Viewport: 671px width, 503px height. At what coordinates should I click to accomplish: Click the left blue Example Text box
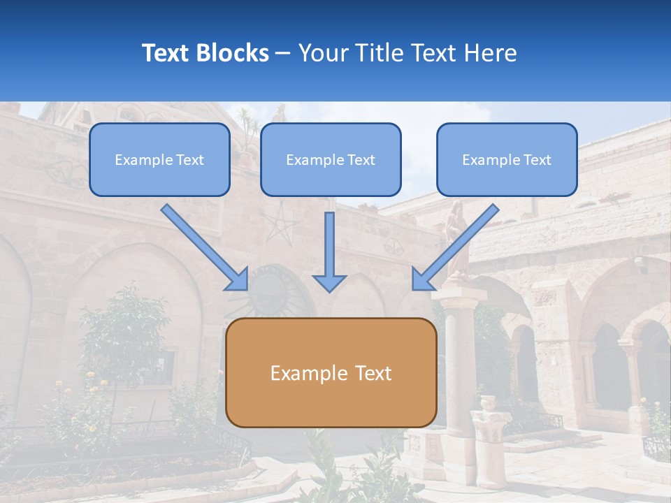tap(159, 159)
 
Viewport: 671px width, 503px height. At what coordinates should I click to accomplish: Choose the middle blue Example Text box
tap(331, 159)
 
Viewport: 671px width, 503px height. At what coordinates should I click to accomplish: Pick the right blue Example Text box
tap(507, 159)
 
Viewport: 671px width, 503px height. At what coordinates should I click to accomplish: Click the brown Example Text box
tap(331, 372)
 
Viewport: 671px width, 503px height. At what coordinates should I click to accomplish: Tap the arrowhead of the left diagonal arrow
tap(238, 279)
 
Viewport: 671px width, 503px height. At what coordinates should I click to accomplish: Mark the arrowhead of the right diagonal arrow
tap(422, 279)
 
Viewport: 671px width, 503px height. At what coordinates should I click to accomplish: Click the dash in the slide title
tap(283, 53)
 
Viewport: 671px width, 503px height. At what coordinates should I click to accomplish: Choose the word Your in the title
tap(321, 53)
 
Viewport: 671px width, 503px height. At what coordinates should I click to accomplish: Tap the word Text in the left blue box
tap(190, 160)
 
